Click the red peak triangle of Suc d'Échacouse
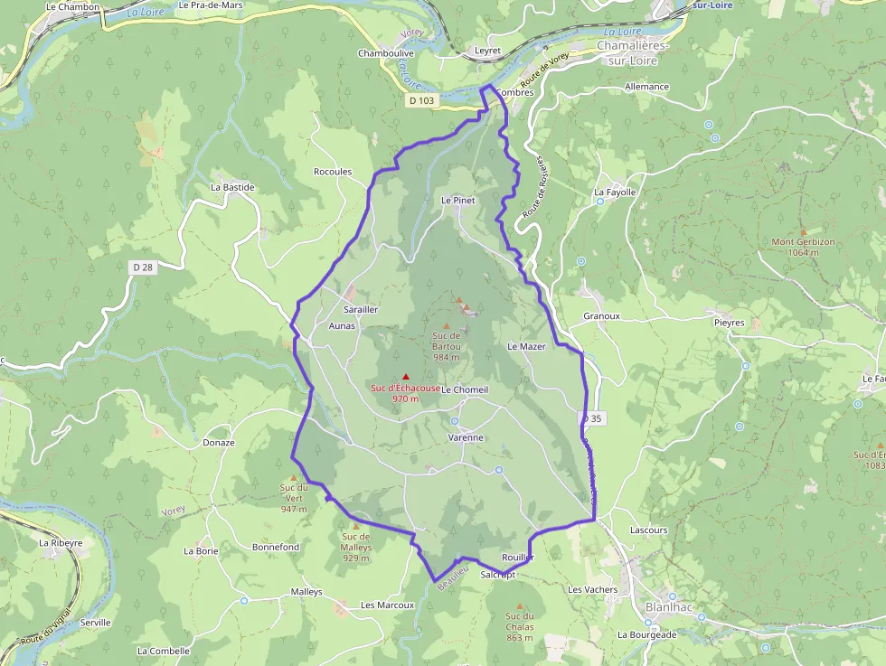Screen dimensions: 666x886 click(x=406, y=376)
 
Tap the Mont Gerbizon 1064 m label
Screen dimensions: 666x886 click(x=803, y=248)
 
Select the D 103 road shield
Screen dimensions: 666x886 click(x=421, y=100)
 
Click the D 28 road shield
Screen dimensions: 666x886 click(x=143, y=267)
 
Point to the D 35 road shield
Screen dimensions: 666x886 click(x=592, y=418)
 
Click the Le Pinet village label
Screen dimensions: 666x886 click(x=457, y=200)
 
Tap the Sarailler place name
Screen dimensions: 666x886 click(x=361, y=309)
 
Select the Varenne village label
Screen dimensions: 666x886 click(x=466, y=437)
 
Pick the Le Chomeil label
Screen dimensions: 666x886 click(x=465, y=389)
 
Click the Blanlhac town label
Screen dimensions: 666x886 click(x=669, y=607)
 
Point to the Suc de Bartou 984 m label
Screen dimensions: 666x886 click(x=447, y=345)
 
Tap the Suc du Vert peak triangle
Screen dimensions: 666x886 click(x=293, y=478)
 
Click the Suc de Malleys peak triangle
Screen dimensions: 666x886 click(x=355, y=526)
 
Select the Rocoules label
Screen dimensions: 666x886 click(x=332, y=172)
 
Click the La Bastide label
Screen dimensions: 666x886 click(x=232, y=187)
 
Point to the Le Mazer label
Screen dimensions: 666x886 click(x=526, y=346)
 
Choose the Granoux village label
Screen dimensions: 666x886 click(x=601, y=316)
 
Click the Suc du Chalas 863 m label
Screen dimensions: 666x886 click(x=520, y=626)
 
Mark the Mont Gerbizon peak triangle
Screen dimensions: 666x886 click(x=803, y=231)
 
